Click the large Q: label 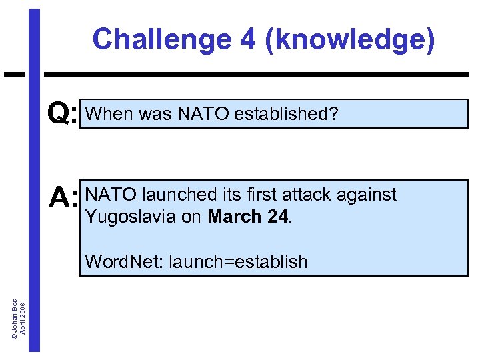coord(63,115)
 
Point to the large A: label coord(64,198)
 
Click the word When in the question coord(110,115)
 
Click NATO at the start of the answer coord(111,195)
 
